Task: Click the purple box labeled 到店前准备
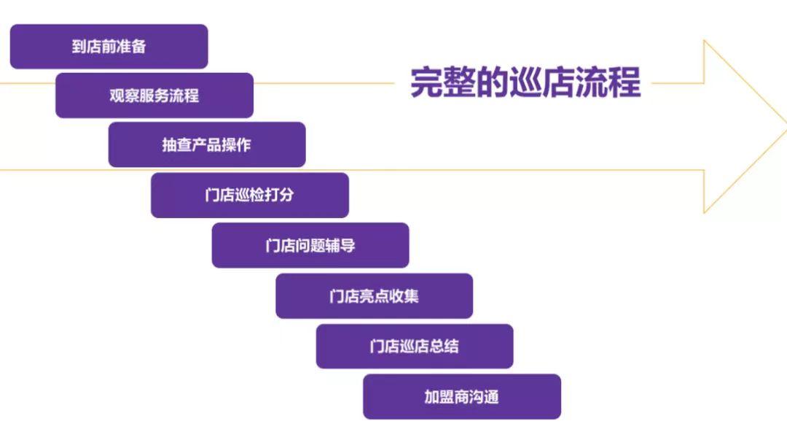point(109,47)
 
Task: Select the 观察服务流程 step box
point(154,96)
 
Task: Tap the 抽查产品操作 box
point(206,144)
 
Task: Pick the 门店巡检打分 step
point(249,196)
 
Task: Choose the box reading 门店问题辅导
point(310,245)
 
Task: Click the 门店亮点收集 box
point(374,296)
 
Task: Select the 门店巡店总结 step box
point(414,347)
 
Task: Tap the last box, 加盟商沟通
point(461,397)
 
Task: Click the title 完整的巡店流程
point(525,82)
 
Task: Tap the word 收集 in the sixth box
point(404,296)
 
